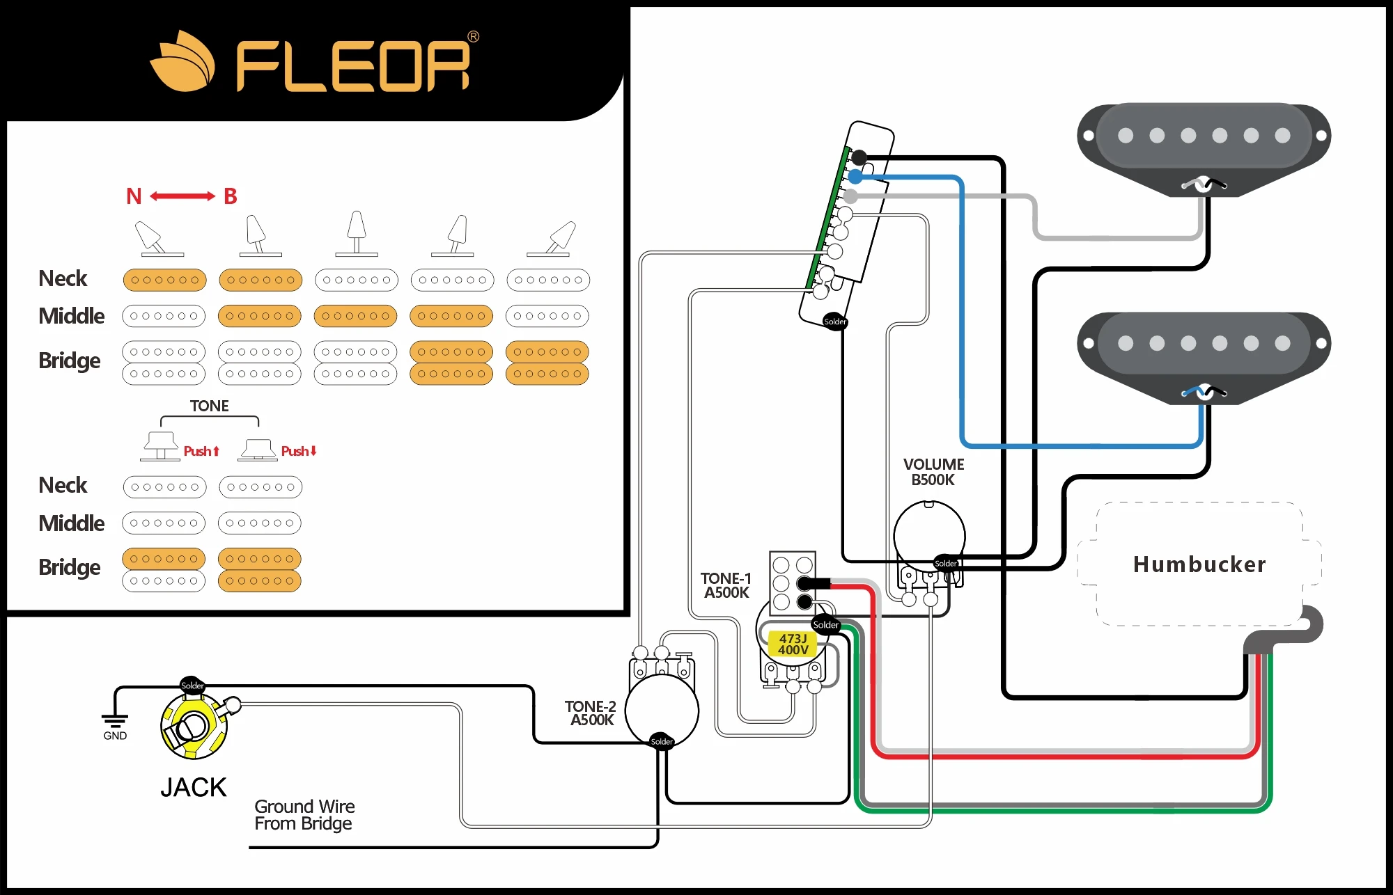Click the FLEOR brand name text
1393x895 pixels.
(353, 66)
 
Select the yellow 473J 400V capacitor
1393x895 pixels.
(793, 644)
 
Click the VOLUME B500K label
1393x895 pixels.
(933, 472)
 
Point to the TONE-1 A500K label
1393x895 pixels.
(726, 585)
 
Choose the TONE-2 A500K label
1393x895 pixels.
(591, 713)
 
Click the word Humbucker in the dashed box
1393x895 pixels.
(1199, 564)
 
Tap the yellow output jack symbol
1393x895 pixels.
(193, 727)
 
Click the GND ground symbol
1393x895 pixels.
(115, 724)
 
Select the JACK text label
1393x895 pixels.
(193, 787)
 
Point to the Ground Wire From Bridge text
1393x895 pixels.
(304, 815)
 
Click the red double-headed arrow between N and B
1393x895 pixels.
(182, 196)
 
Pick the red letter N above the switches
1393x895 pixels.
(134, 196)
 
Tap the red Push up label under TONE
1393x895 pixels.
(201, 451)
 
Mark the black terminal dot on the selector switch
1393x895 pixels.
(859, 157)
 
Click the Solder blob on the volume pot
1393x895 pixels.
(946, 563)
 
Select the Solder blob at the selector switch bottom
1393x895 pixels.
(834, 321)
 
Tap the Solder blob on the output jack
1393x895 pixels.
(192, 686)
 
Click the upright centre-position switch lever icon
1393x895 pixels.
(357, 232)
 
